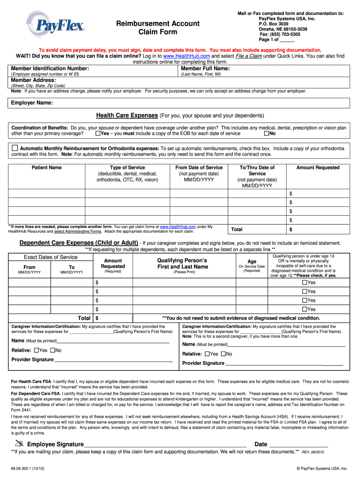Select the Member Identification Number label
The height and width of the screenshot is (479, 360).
pyautogui.click(x=50, y=68)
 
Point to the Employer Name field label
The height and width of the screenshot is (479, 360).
pyautogui.click(x=32, y=102)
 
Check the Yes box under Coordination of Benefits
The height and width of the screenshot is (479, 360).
pyautogui.click(x=97, y=134)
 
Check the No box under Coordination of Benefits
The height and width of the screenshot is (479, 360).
pyautogui.click(x=266, y=134)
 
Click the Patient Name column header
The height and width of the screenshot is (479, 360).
pyautogui.click(x=46, y=167)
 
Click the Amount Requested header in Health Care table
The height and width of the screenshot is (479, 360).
pyautogui.click(x=317, y=167)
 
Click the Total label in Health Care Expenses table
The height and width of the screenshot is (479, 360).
pyautogui.click(x=237, y=229)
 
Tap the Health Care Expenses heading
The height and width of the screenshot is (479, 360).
pyautogui.click(x=127, y=115)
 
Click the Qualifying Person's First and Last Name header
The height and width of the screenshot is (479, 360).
pyautogui.click(x=182, y=263)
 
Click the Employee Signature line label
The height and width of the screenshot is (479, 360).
pyautogui.click(x=55, y=444)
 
